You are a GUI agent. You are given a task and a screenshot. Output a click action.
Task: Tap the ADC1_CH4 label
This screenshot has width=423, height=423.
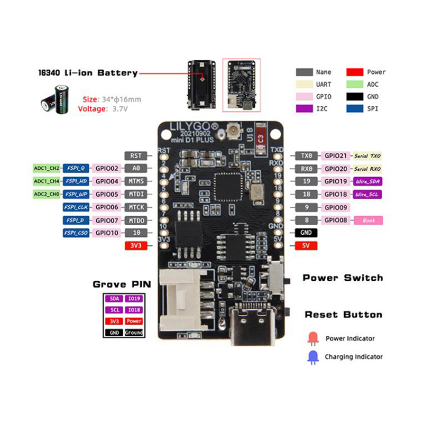[x=47, y=181]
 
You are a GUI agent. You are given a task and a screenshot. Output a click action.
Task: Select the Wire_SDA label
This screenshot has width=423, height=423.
[x=367, y=181]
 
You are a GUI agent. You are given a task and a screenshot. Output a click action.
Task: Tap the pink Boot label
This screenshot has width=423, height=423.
[x=369, y=220]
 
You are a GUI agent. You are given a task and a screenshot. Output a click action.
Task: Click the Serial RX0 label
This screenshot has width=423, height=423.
[x=367, y=169]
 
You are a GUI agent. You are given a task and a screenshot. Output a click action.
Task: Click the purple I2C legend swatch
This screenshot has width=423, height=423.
[x=304, y=109]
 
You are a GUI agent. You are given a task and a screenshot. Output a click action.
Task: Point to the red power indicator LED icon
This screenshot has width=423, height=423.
[x=312, y=338]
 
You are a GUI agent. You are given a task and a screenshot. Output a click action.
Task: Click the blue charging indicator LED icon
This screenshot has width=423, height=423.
[x=312, y=356]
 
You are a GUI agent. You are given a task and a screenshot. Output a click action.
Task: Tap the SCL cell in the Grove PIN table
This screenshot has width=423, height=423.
[x=114, y=310]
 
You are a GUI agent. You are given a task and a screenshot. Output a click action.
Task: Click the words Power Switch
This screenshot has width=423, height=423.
[x=343, y=278]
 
